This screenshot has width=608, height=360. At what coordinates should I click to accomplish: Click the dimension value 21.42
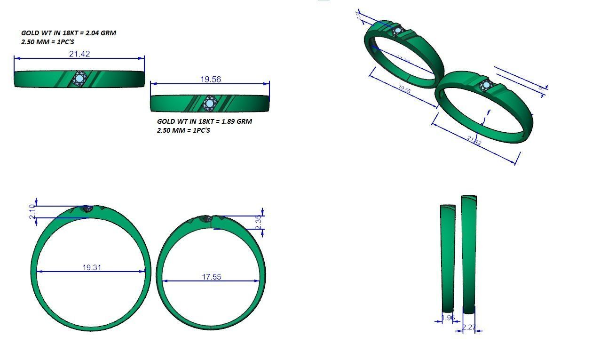(79, 54)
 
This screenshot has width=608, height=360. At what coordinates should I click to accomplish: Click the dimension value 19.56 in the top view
(210, 79)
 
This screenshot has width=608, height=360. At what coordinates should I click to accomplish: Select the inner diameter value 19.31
(92, 267)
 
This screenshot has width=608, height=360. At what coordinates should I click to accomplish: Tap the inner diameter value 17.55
(211, 277)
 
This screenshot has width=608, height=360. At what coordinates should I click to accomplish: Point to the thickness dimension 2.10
(32, 212)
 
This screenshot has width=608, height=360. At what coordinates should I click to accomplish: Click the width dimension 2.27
(469, 327)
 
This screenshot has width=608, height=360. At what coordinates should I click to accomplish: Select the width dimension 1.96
(449, 318)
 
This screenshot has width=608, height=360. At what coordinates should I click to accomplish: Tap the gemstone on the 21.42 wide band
(80, 78)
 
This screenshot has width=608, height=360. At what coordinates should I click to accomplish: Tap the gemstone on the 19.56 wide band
(209, 103)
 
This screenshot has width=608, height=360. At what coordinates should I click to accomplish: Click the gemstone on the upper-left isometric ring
(397, 32)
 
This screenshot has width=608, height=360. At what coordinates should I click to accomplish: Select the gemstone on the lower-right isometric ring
(485, 86)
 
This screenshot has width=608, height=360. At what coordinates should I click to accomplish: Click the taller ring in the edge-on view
(469, 254)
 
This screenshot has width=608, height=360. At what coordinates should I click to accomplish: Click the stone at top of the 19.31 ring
(87, 208)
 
